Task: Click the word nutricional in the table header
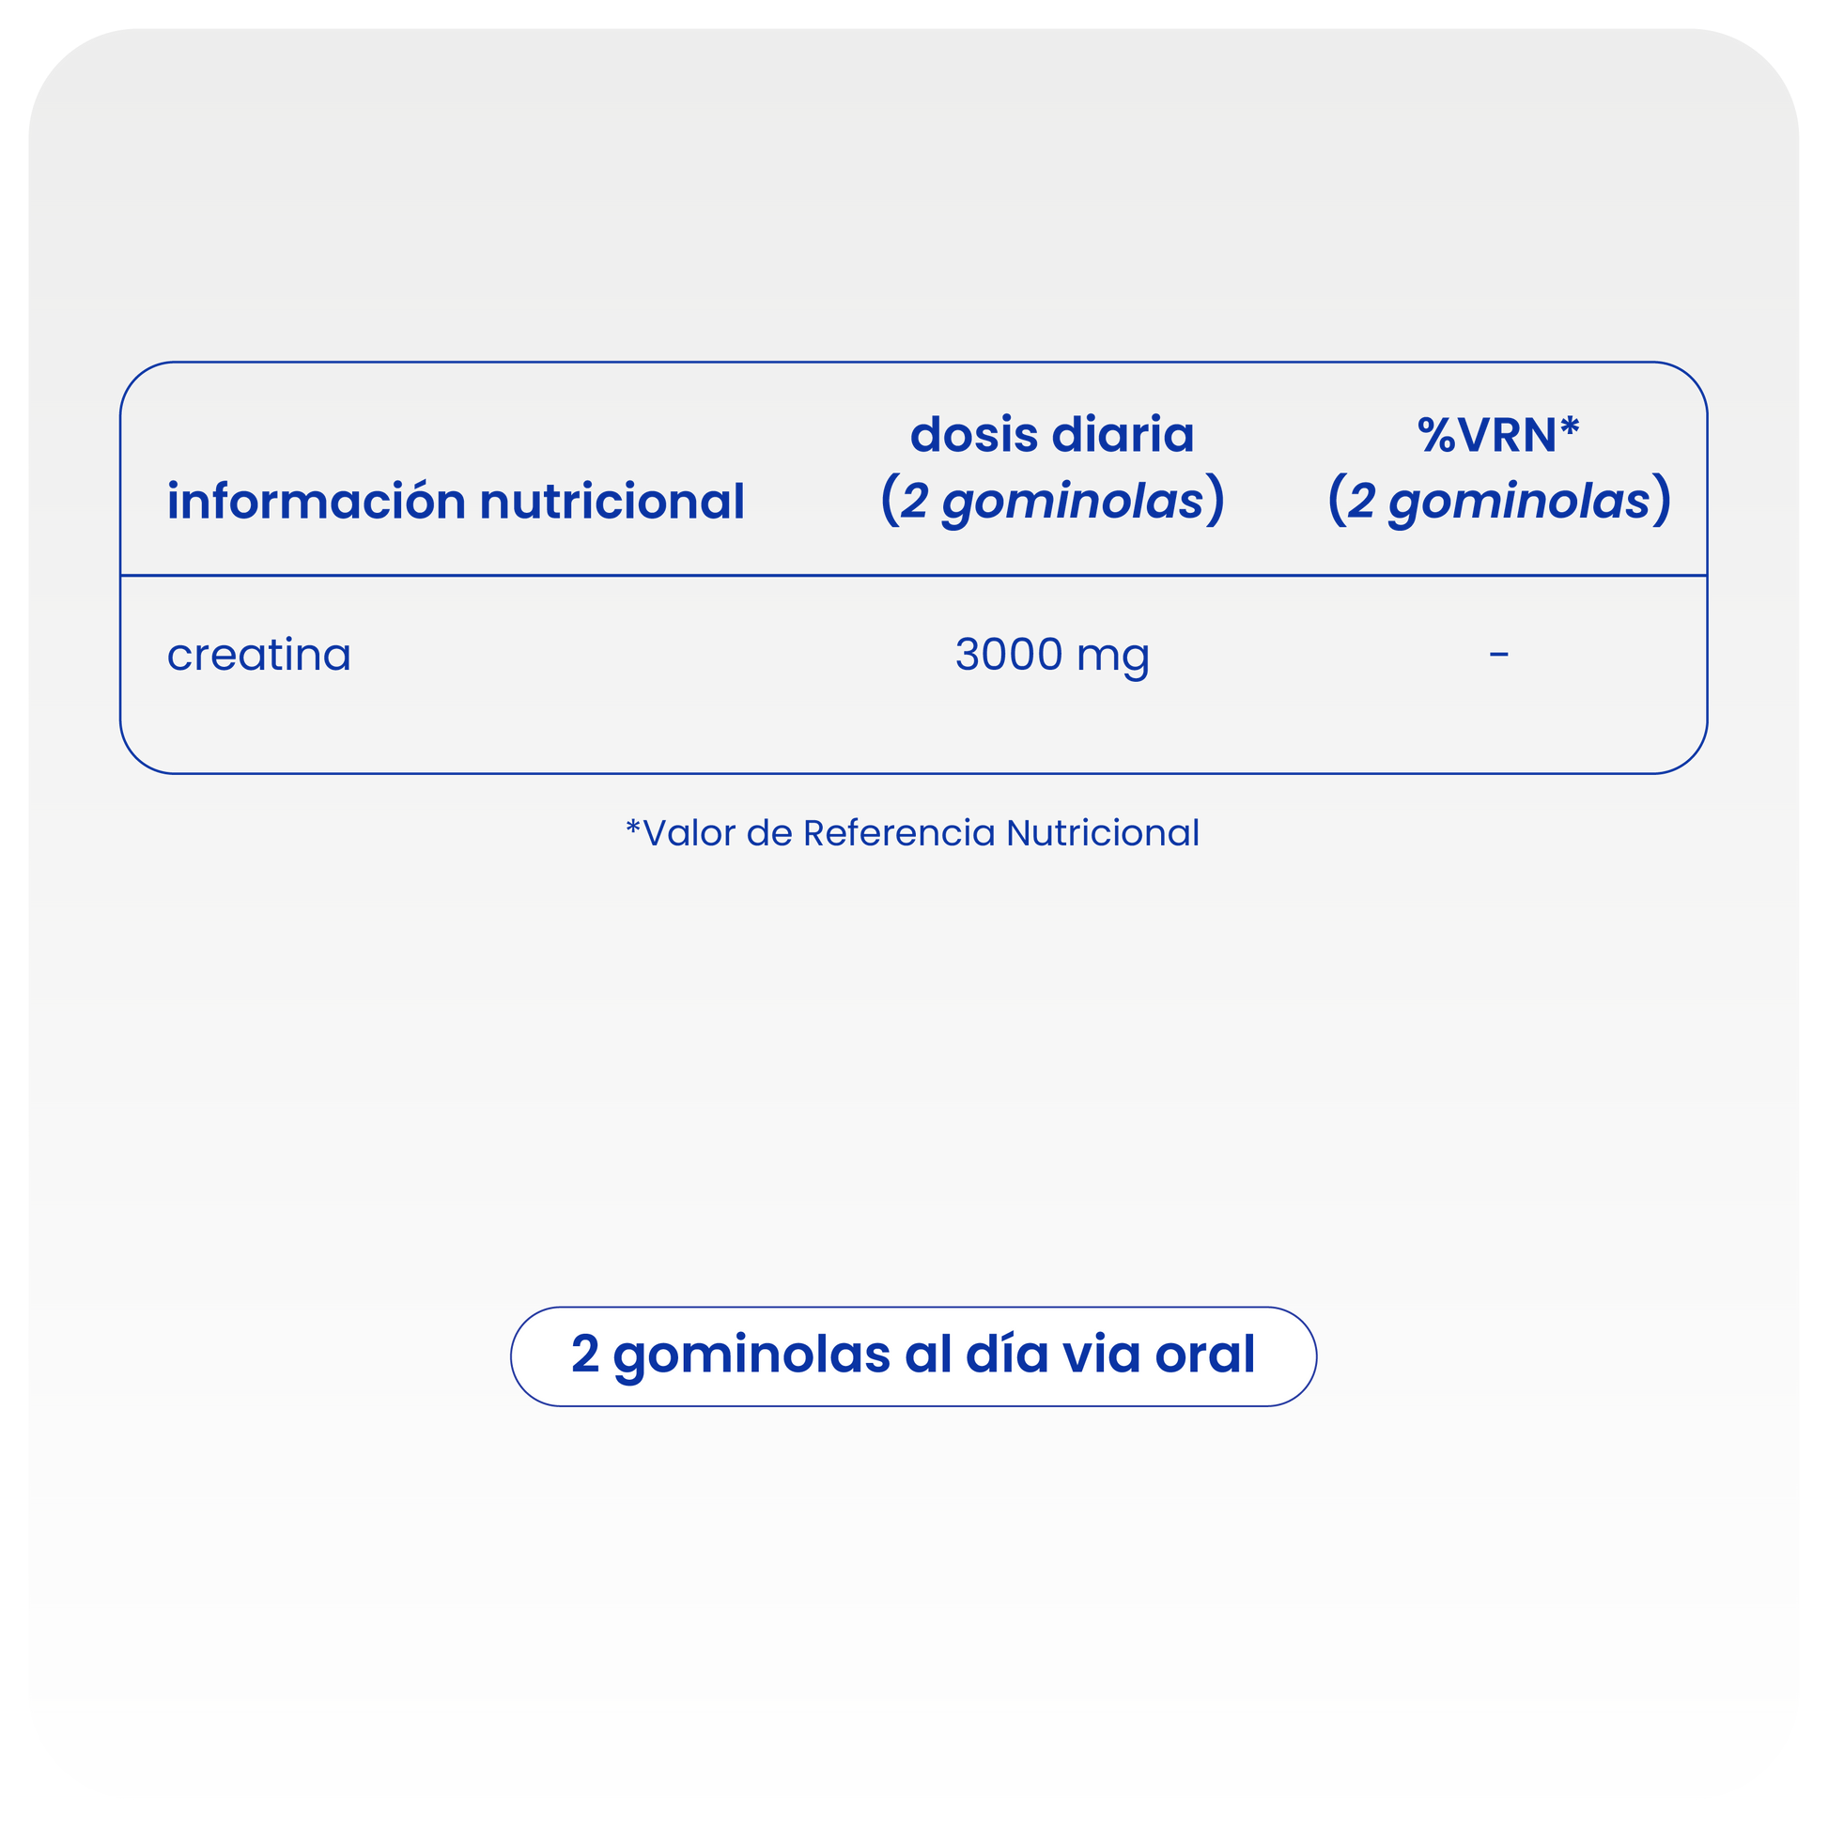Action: tap(613, 502)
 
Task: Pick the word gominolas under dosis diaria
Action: tap(1072, 503)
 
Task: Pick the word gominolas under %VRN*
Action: tap(1519, 503)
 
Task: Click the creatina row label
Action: tap(258, 655)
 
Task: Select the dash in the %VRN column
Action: tap(1498, 654)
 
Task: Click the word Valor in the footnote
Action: tap(689, 833)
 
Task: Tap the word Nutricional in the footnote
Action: tap(1102, 833)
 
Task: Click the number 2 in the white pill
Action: tap(584, 1354)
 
